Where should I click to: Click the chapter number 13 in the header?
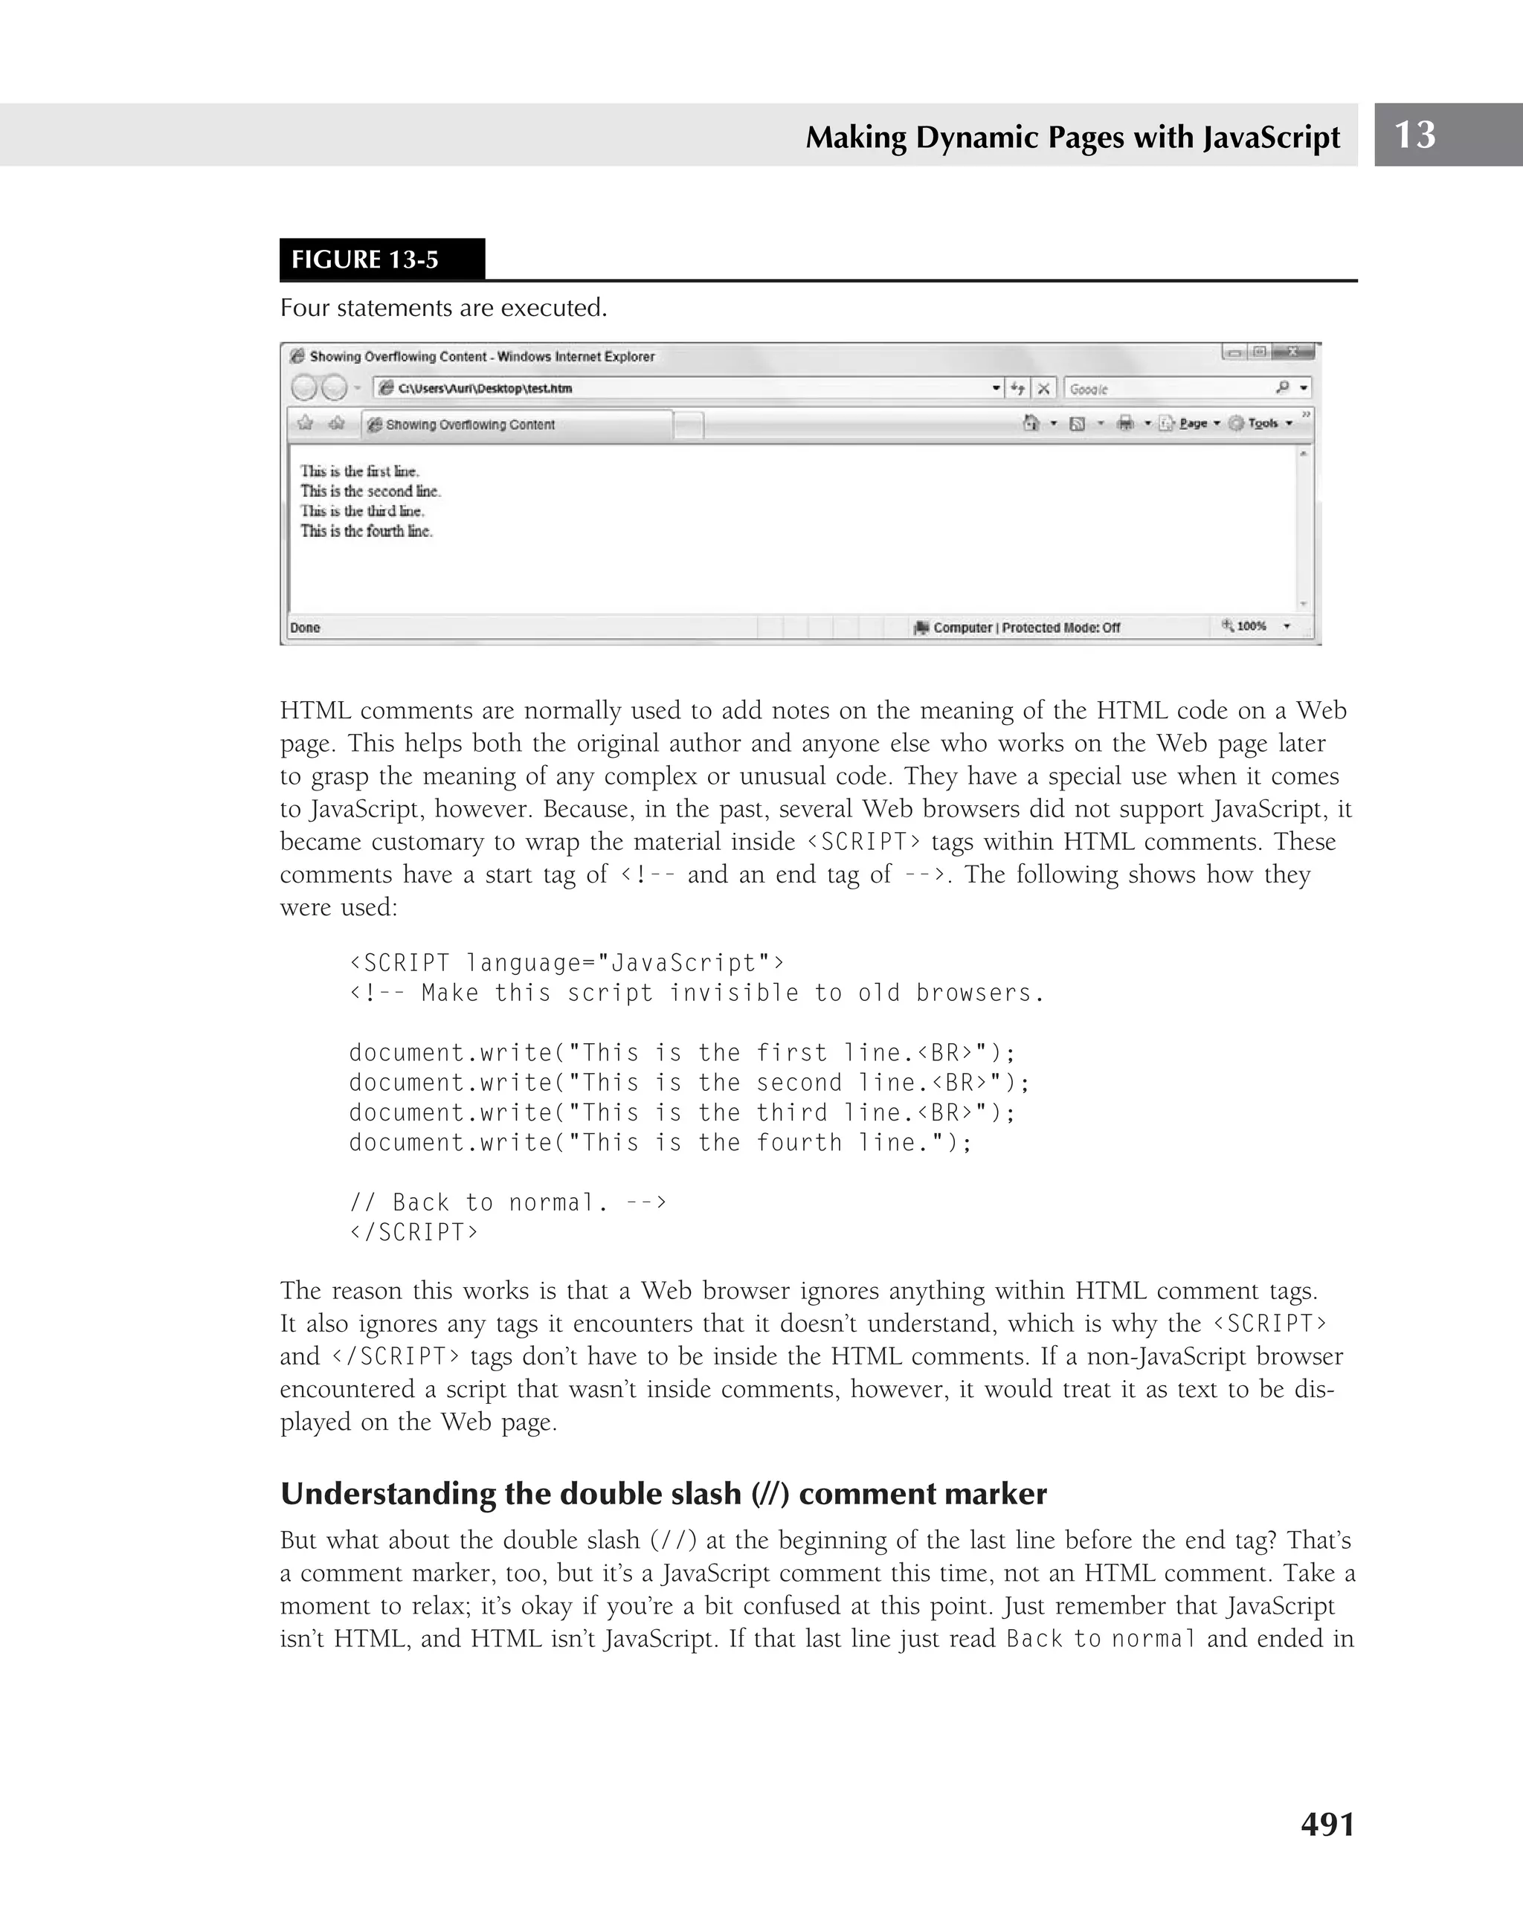[1414, 135]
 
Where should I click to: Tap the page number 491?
[1327, 1824]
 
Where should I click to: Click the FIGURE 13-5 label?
[365, 260]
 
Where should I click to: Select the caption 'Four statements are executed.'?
[443, 308]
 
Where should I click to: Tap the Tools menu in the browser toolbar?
[1263, 423]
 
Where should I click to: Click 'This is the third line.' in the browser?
[362, 511]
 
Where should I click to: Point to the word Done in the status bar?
[306, 628]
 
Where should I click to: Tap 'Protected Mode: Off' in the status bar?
[1061, 628]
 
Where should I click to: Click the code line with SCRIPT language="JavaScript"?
[567, 962]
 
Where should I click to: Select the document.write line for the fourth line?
[660, 1143]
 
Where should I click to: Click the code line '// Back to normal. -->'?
[508, 1202]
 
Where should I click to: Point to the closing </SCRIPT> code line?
[413, 1232]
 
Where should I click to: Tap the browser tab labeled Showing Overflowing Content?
[518, 425]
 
